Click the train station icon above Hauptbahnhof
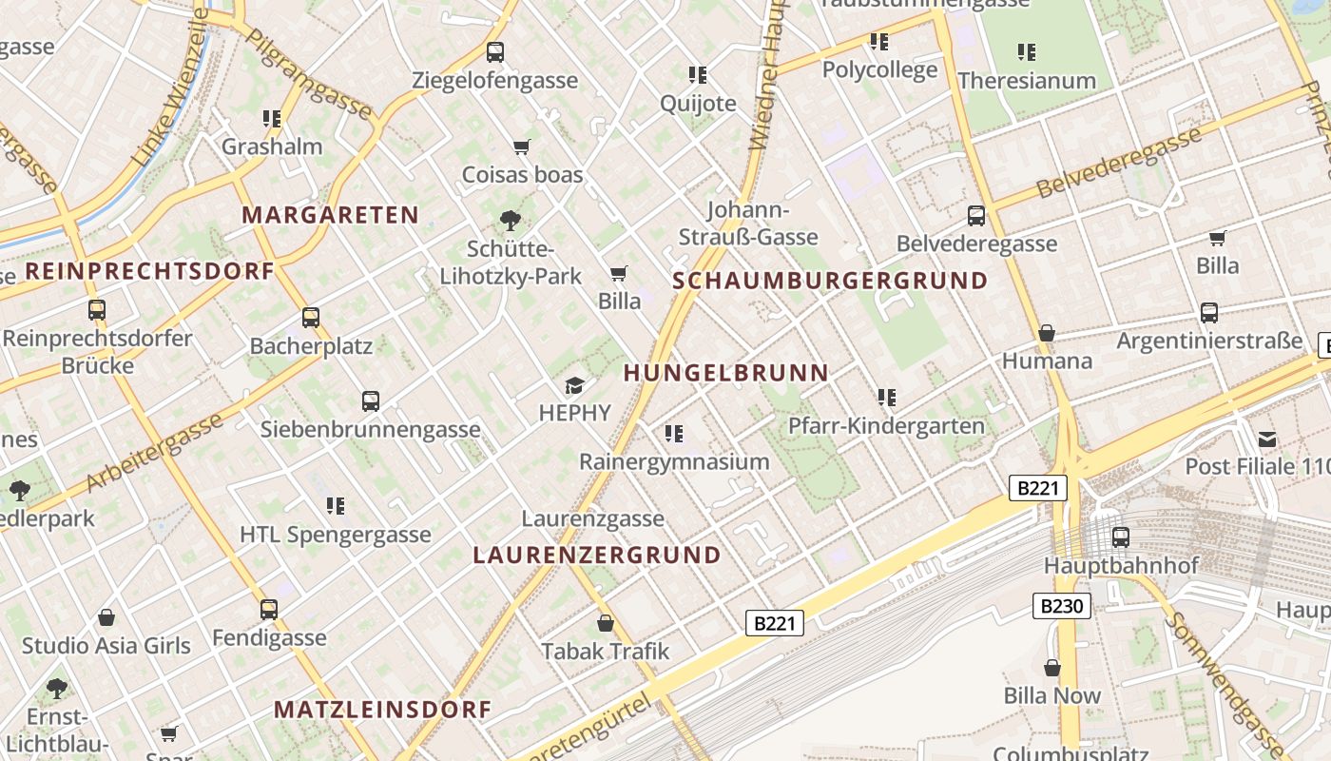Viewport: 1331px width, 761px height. pyautogui.click(x=1121, y=537)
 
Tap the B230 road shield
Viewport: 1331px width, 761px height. pyautogui.click(x=1061, y=606)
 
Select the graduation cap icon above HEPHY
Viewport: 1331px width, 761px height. pyautogui.click(x=574, y=385)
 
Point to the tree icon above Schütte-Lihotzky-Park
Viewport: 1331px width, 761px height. pyautogui.click(x=511, y=222)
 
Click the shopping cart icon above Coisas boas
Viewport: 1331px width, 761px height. pyautogui.click(x=521, y=146)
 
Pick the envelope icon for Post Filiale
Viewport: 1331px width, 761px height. pyautogui.click(x=1267, y=439)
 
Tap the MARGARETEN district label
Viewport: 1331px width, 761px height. pyautogui.click(x=330, y=215)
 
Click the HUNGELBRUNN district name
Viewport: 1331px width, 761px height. pyautogui.click(x=726, y=373)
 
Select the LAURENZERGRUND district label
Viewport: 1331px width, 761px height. pyautogui.click(x=597, y=555)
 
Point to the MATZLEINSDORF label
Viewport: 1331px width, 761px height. pyautogui.click(x=382, y=709)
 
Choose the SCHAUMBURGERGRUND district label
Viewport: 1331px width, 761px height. pyautogui.click(x=830, y=281)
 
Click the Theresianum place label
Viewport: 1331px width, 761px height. pyautogui.click(x=1027, y=81)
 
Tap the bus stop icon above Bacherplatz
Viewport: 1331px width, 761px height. pyautogui.click(x=311, y=318)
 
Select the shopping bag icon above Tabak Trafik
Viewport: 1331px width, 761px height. pyautogui.click(x=606, y=624)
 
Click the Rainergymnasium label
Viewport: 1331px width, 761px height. pyautogui.click(x=674, y=462)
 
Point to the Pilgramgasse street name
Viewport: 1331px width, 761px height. pyautogui.click(x=309, y=74)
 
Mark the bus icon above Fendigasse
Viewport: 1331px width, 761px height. pyautogui.click(x=269, y=610)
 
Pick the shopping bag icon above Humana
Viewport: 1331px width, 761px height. pyautogui.click(x=1047, y=333)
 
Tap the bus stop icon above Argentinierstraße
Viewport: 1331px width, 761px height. pyautogui.click(x=1209, y=312)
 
